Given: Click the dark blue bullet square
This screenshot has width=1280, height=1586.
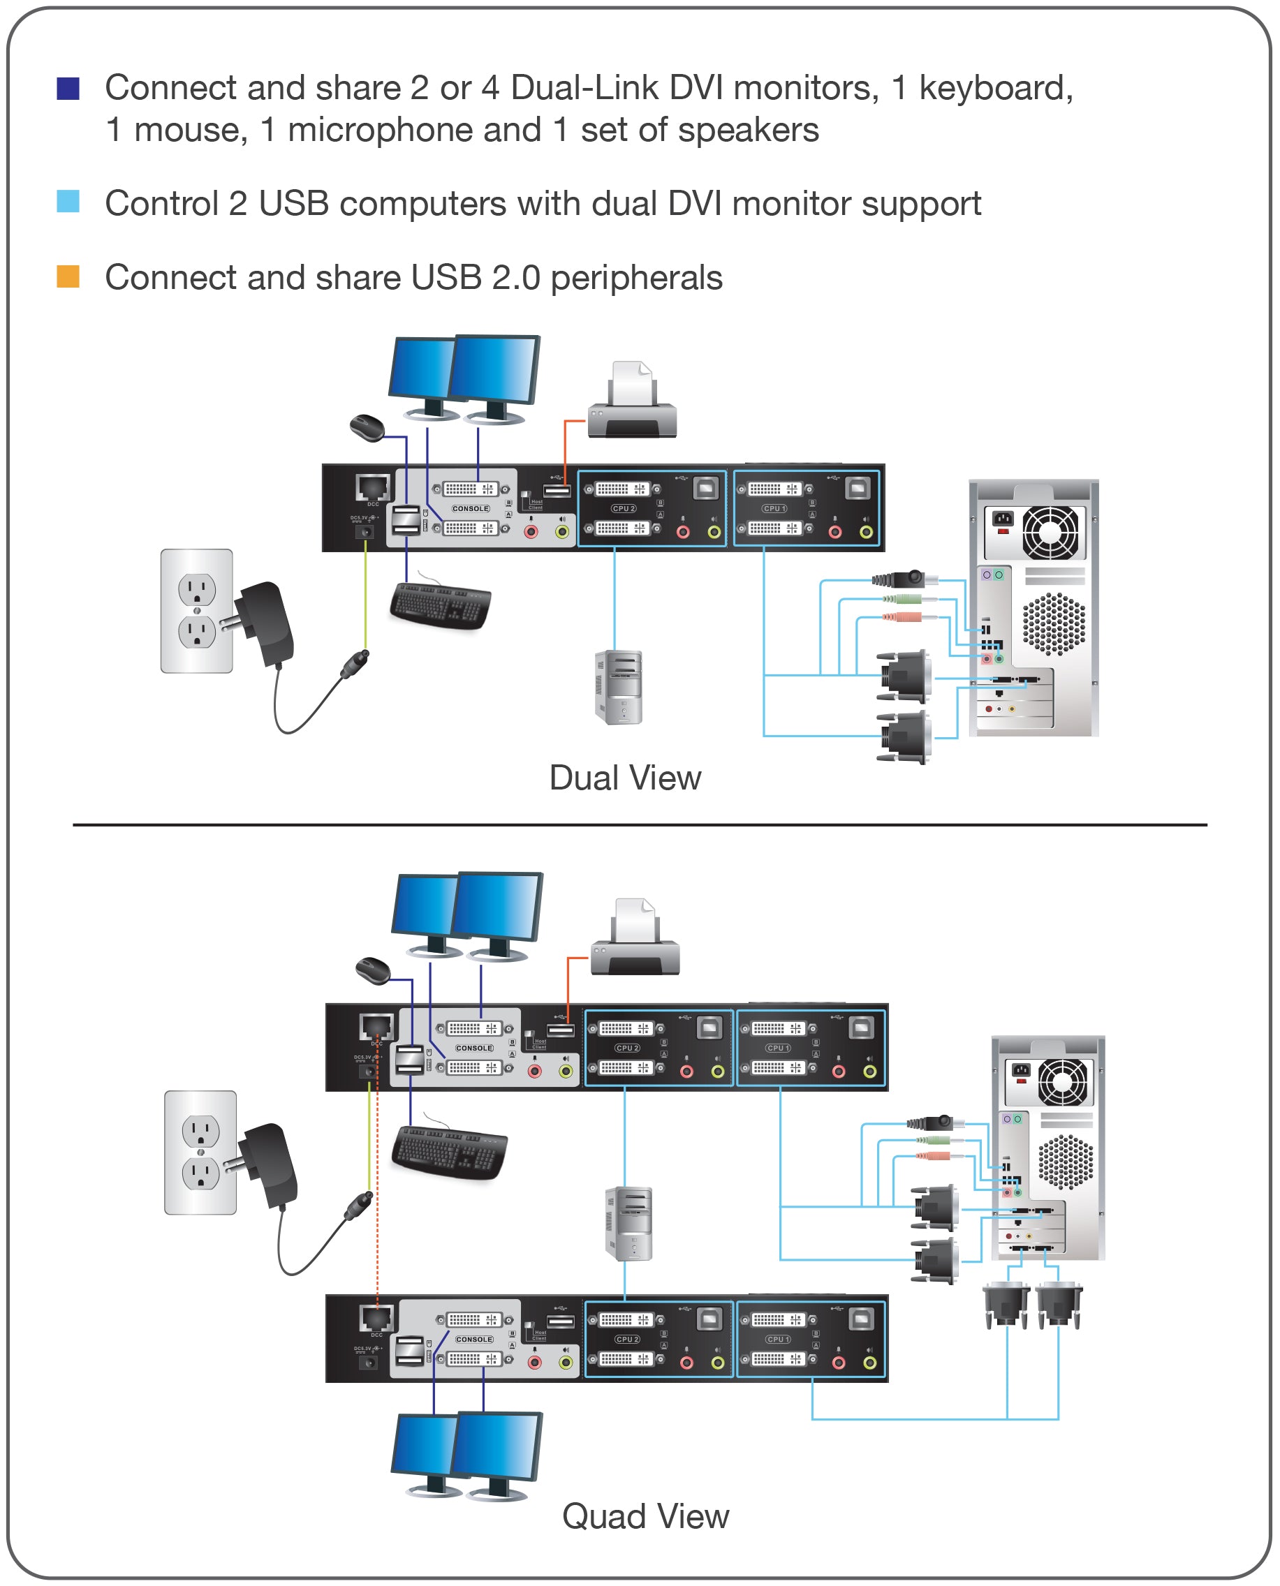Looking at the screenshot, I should (x=68, y=89).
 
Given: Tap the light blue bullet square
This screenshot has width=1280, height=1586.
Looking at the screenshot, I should (x=68, y=201).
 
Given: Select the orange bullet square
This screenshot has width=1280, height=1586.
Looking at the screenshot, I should (x=68, y=276).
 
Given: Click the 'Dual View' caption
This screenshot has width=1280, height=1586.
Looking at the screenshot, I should (x=625, y=778).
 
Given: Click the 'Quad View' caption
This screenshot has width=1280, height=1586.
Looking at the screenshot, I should (x=645, y=1517).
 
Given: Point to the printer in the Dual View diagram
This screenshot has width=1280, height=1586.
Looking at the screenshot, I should (x=632, y=401).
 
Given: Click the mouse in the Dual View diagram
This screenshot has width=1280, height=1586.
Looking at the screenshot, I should (x=367, y=427).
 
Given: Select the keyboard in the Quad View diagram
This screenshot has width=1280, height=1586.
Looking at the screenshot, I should (x=449, y=1152).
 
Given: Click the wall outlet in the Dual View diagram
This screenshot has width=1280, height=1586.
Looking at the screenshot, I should (x=197, y=611).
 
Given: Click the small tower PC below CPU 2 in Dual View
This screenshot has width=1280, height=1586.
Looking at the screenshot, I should (x=619, y=687).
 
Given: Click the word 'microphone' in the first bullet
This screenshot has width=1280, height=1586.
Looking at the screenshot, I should (x=414, y=131).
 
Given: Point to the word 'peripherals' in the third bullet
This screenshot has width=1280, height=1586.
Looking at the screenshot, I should (x=636, y=279).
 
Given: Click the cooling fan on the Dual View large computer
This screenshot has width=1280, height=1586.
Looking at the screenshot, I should (x=1050, y=532).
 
